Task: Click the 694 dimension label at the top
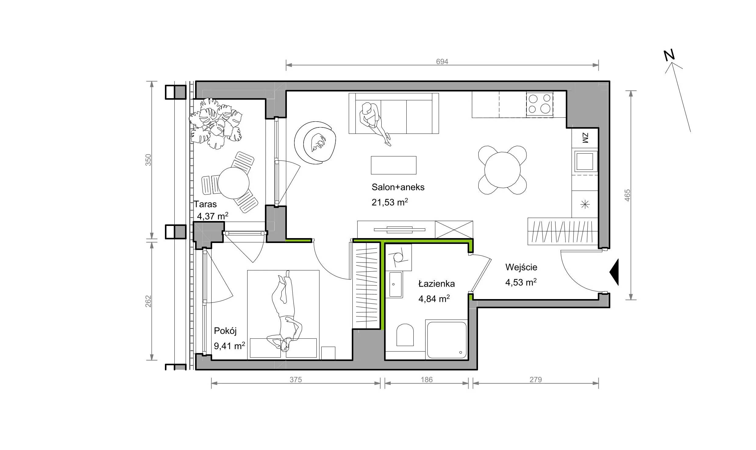[442, 62]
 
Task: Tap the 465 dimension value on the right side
[627, 195]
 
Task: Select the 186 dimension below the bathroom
[426, 380]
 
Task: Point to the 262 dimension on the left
[148, 301]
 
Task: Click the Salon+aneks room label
[398, 187]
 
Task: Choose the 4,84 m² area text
[434, 298]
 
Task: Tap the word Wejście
[521, 267]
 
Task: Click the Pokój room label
[225, 331]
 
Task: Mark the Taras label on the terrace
[205, 204]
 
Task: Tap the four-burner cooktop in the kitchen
[540, 104]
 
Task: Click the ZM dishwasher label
[585, 138]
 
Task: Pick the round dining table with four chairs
[502, 170]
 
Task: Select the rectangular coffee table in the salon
[394, 165]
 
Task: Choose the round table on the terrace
[234, 183]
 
